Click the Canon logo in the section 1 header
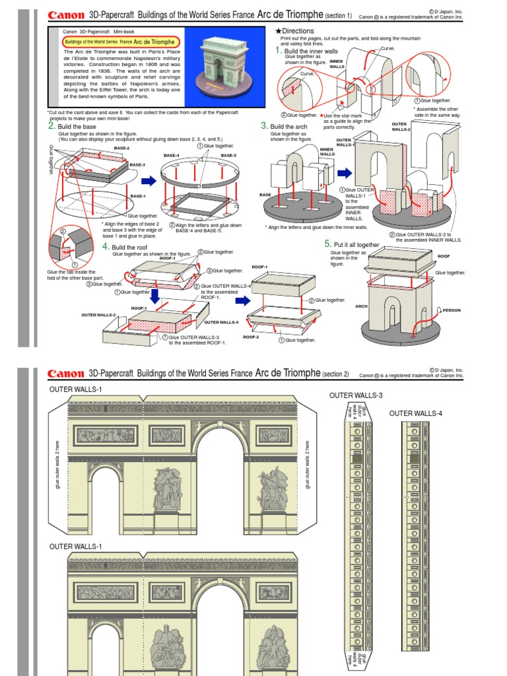[x=66, y=15]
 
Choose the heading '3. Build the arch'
[x=288, y=126]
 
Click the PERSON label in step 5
[x=452, y=310]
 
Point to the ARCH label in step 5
[x=361, y=306]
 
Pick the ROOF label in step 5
[x=444, y=256]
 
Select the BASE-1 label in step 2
[x=137, y=196]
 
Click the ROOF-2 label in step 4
[x=251, y=337]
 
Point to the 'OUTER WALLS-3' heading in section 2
[x=356, y=395]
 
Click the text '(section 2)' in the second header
[x=335, y=374]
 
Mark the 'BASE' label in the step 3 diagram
[x=265, y=195]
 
